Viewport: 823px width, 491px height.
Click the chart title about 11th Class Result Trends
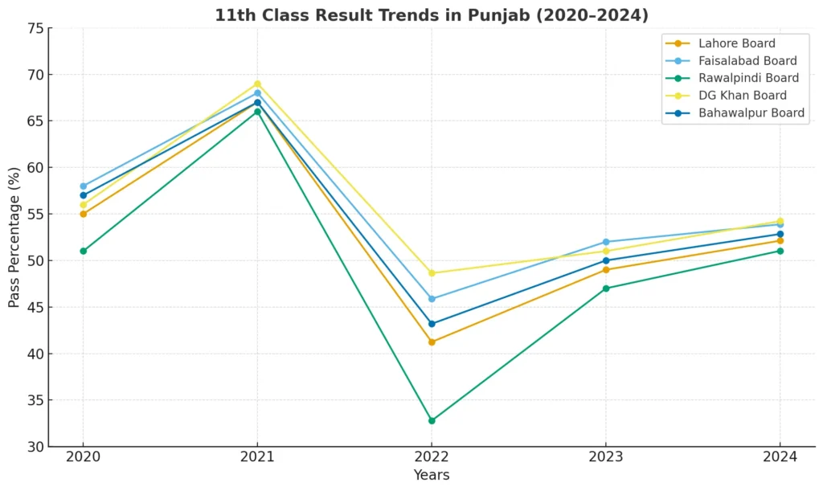pos(431,15)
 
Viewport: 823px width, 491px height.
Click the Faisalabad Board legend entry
pos(747,61)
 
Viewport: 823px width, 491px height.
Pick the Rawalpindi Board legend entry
pos(748,78)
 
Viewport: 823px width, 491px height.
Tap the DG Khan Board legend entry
pos(743,96)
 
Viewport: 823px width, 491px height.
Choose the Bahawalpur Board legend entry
pos(751,113)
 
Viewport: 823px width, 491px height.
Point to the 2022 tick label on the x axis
pos(432,456)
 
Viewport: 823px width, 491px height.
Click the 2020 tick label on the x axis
pos(83,456)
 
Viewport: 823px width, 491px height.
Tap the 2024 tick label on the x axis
pos(780,456)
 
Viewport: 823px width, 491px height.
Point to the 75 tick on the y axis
pos(35,29)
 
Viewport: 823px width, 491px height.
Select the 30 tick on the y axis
pos(35,447)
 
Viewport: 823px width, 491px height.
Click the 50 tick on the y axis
pos(35,261)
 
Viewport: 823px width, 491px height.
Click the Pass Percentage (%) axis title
pos(14,237)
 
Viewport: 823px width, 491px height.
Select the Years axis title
pos(432,475)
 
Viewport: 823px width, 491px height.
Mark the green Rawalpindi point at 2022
pos(432,420)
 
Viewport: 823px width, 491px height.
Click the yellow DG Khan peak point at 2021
pos(257,84)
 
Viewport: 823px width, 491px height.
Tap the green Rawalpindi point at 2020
pos(83,251)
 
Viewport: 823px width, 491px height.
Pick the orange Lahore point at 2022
pos(432,342)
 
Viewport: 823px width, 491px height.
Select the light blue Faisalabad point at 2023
pos(606,242)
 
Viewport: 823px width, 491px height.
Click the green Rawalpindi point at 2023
pos(606,288)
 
